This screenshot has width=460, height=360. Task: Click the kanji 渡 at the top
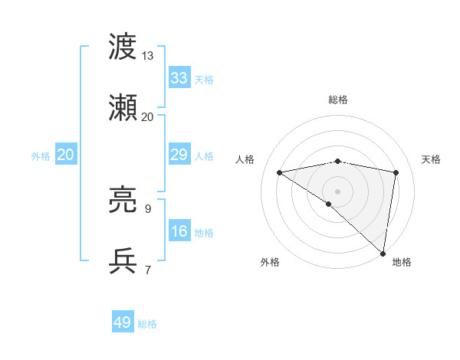[123, 47]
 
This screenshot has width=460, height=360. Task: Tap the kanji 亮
[123, 201]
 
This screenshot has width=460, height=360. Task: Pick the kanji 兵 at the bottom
[123, 262]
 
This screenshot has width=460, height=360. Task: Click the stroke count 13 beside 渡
[147, 56]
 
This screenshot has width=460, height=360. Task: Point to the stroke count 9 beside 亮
[147, 209]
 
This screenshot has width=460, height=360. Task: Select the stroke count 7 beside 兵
[147, 270]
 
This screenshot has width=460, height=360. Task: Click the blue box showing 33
[179, 78]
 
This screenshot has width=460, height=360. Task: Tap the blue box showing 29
[179, 155]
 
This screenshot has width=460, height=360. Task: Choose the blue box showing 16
[179, 231]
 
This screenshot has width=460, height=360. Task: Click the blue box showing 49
[123, 322]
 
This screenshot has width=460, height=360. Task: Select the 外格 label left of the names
[41, 155]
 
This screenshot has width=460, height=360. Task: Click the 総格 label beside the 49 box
[147, 324]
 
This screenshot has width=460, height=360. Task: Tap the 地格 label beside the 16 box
[204, 233]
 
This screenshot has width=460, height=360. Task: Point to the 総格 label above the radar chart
[338, 100]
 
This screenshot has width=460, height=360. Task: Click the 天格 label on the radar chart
[431, 159]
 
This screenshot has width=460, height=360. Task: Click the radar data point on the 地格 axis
[383, 253]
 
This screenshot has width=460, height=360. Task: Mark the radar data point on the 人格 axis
[280, 172]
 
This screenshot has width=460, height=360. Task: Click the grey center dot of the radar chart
[338, 191]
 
